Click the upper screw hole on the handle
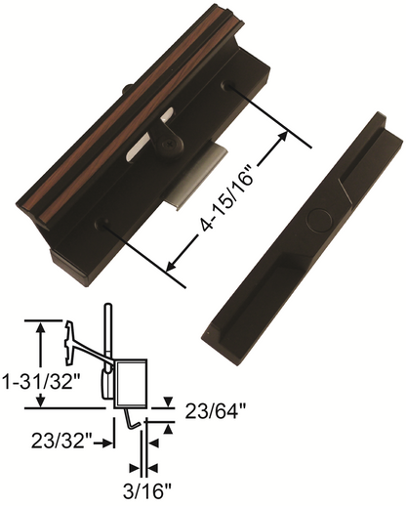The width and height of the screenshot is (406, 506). point(230,88)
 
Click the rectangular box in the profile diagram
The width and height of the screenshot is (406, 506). point(131,382)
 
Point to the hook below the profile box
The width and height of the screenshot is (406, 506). point(131,420)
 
